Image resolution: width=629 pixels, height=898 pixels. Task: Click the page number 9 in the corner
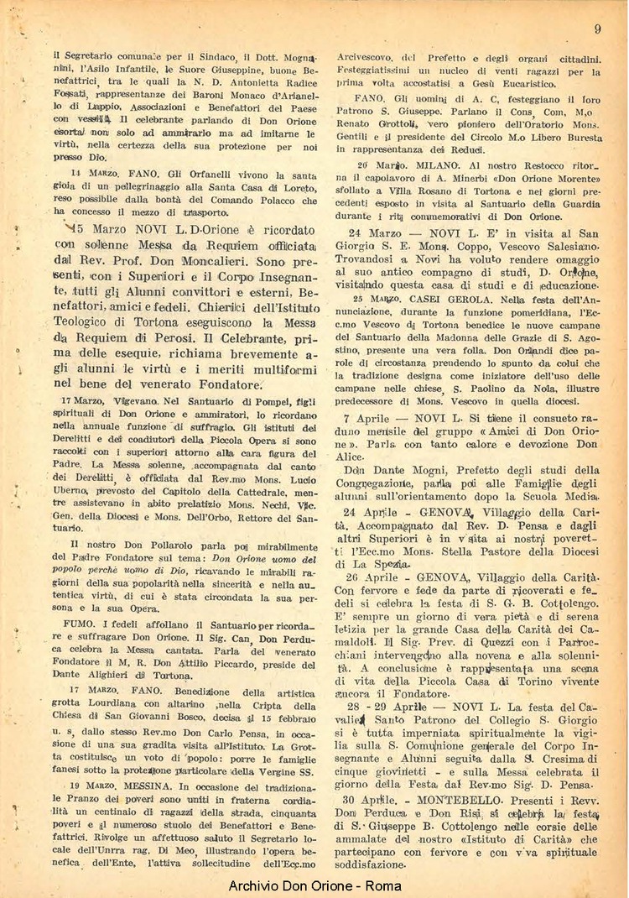point(597,29)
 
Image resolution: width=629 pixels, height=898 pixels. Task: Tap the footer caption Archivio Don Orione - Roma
point(314,885)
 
